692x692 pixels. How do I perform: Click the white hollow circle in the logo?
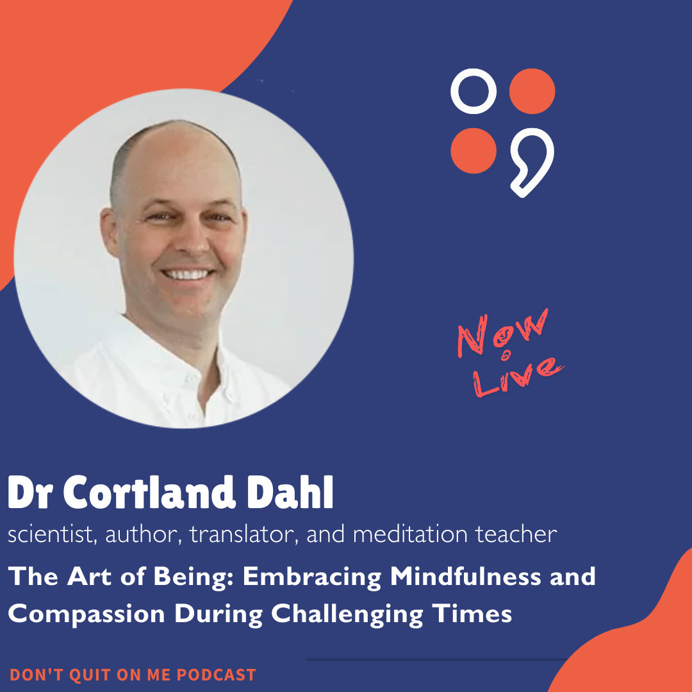474,91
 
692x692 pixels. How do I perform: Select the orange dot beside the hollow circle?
532,91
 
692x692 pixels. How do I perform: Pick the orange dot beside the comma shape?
474,151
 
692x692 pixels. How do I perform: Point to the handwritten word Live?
517,375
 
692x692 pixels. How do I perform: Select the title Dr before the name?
31,493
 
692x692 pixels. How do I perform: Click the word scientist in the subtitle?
48,533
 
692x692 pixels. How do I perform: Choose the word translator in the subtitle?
246,533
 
